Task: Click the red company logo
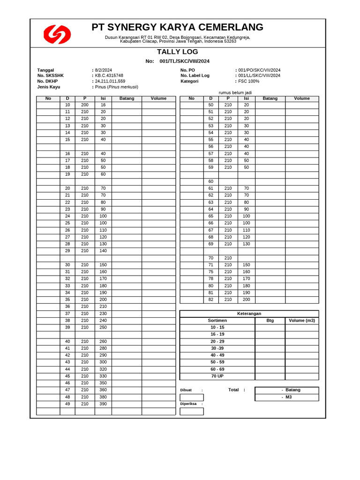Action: tap(57, 35)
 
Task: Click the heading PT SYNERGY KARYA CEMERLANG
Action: tap(177, 27)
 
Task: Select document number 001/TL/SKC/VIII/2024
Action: tap(184, 61)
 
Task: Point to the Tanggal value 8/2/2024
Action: tap(103, 70)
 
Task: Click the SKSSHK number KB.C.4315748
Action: tap(109, 75)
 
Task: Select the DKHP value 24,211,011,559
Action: tap(110, 81)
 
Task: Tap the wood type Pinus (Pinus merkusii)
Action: tap(116, 87)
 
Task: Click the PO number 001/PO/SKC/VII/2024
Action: tap(259, 70)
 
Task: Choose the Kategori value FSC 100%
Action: tap(248, 81)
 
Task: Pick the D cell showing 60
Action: tap(211, 181)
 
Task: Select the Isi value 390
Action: tap(103, 404)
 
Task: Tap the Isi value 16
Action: tap(103, 105)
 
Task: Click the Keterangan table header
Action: tap(249, 314)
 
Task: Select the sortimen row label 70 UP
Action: tap(217, 376)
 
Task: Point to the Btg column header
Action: tap(270, 321)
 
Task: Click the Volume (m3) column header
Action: tap(302, 321)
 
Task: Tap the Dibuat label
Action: tap(186, 390)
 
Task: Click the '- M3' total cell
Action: tap(286, 397)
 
